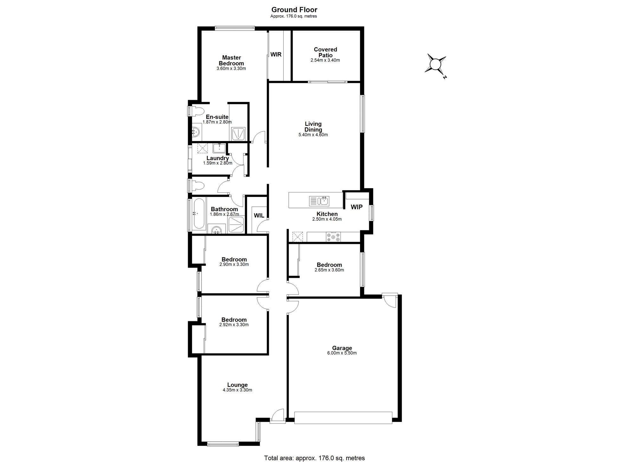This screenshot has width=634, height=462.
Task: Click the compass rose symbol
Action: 436,65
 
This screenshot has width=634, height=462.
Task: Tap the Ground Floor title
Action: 294,10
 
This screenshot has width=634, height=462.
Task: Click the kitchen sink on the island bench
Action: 319,201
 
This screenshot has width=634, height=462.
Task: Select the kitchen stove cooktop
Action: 333,237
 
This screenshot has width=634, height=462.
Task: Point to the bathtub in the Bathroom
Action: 199,213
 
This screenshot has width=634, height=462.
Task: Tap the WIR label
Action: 276,55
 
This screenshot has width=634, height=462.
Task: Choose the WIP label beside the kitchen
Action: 357,207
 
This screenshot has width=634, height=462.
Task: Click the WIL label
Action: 259,216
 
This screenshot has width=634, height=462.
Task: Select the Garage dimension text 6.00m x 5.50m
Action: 342,353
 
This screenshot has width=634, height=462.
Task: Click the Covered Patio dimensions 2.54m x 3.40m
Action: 325,60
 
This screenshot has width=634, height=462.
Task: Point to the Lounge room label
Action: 237,385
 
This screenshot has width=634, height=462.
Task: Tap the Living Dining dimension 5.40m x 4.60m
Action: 313,135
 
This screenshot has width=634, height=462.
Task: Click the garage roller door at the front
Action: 343,418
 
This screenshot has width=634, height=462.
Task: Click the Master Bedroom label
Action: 231,60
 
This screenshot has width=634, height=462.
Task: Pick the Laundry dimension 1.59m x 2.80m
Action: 218,163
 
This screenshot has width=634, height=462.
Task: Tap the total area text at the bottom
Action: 314,458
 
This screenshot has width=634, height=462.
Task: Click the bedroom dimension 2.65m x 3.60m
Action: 329,270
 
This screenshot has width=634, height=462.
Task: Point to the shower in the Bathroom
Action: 236,224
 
